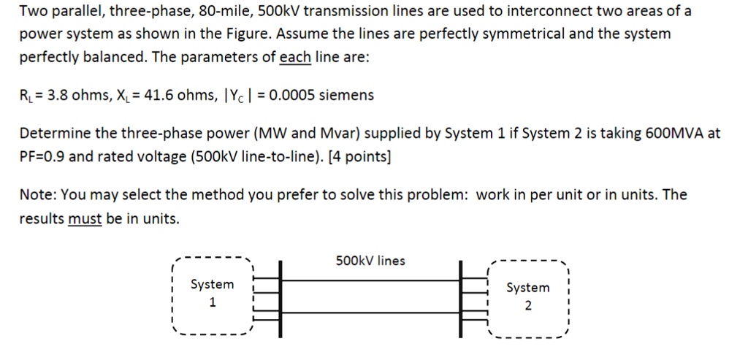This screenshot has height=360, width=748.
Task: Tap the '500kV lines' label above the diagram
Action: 370,261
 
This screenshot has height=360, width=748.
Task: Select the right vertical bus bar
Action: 461,299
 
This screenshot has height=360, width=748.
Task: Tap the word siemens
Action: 348,95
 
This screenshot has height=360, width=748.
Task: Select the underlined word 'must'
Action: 84,218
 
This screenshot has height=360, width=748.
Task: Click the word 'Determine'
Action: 55,134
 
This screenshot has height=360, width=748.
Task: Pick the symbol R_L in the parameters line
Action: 26,96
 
